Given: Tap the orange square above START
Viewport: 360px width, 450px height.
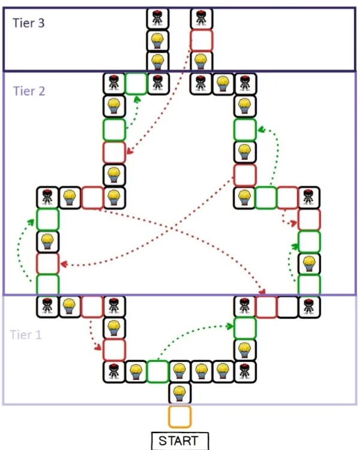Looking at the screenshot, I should (x=179, y=416).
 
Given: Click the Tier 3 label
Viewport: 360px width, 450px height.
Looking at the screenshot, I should (x=29, y=23).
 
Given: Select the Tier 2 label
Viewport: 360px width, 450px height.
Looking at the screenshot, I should (x=29, y=92).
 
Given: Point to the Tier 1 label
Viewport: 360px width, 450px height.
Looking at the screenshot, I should (x=26, y=334).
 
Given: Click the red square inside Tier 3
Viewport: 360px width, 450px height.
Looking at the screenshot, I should (x=201, y=40).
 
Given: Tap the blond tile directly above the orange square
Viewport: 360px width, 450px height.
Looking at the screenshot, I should (x=179, y=394).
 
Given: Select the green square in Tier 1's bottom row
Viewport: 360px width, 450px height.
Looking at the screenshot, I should (x=158, y=372).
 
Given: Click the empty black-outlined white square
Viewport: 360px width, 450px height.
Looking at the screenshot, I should (x=287, y=307).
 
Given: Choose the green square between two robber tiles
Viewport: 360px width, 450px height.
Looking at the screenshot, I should (x=136, y=82).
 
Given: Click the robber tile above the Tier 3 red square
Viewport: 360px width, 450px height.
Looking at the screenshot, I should (x=201, y=19).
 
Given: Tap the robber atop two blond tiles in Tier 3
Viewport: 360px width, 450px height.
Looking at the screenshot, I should (x=158, y=19).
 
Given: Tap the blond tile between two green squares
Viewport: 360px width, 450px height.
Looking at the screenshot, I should (x=309, y=263).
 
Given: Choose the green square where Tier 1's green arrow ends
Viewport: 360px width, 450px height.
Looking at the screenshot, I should (x=244, y=328).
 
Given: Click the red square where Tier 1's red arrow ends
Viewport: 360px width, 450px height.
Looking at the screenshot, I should (x=114, y=349).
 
